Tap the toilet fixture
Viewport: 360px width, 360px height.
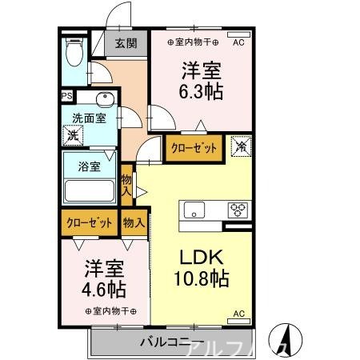pyautogui.click(x=74, y=54)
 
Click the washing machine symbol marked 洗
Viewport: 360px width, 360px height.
pyautogui.click(x=72, y=135)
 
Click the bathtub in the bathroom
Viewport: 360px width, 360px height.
pyautogui.click(x=90, y=193)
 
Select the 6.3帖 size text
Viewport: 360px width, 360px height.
pyautogui.click(x=201, y=90)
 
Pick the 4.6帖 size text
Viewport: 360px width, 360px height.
pyautogui.click(x=105, y=288)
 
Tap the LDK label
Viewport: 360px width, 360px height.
pyautogui.click(x=202, y=257)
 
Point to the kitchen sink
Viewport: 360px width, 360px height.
pyautogui.click(x=194, y=210)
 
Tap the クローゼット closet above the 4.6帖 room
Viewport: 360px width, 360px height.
pyautogui.click(x=89, y=222)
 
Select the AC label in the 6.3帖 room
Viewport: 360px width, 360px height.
pyautogui.click(x=238, y=42)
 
